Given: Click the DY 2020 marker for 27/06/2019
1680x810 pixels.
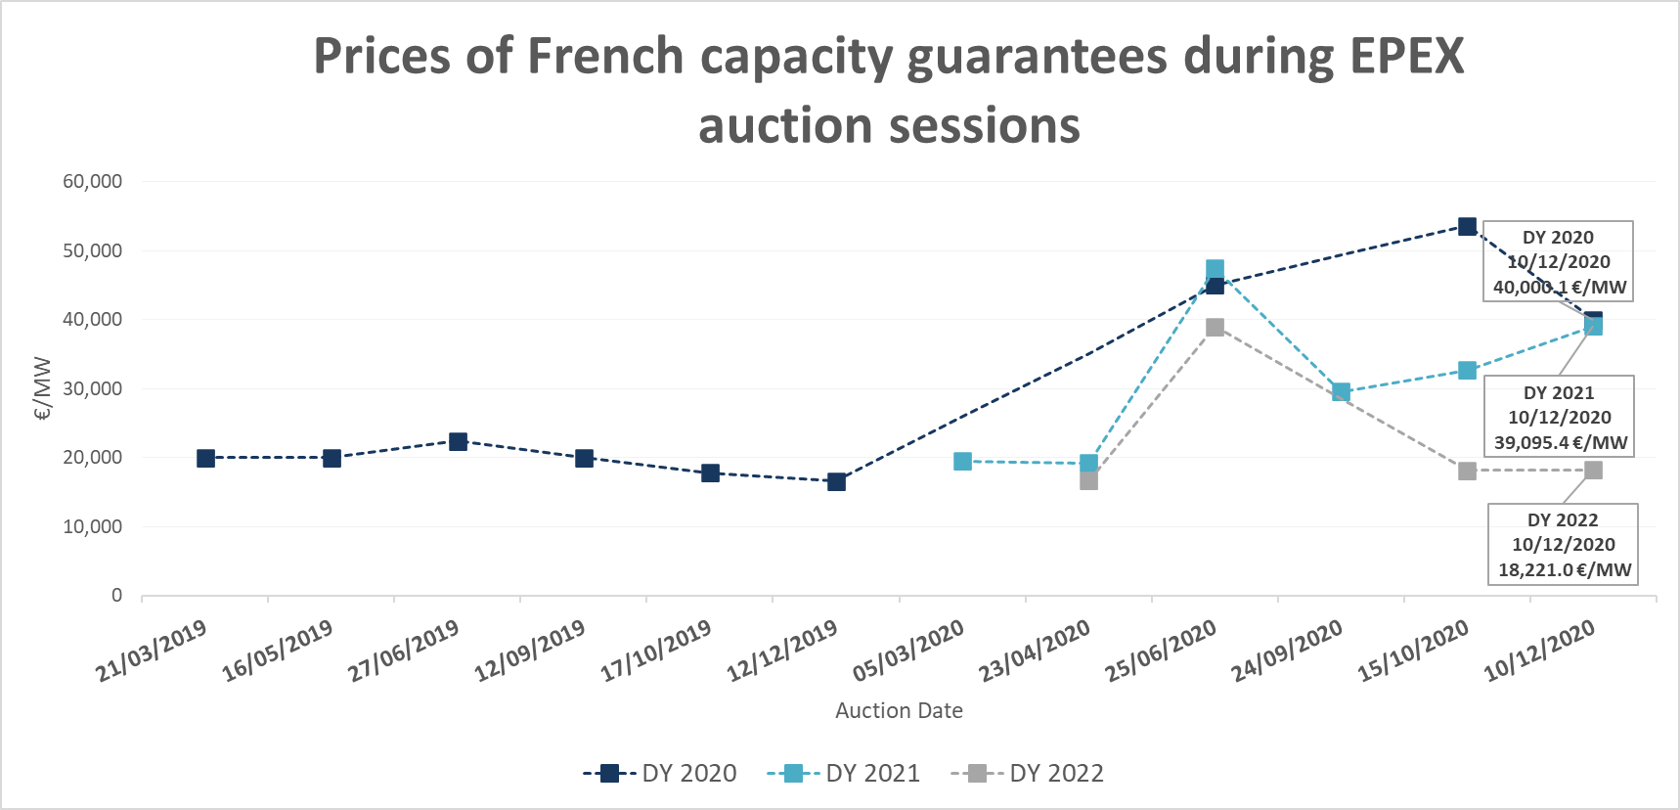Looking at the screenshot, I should (x=458, y=441).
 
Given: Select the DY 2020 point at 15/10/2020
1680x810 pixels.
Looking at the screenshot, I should (x=1467, y=227).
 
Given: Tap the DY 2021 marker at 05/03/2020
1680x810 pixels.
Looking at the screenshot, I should (x=962, y=461).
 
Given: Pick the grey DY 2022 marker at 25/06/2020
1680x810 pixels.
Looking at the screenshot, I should (x=1215, y=328).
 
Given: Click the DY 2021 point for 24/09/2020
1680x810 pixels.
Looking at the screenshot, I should (x=1342, y=391).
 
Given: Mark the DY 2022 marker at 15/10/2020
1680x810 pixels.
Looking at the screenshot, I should (x=1467, y=471).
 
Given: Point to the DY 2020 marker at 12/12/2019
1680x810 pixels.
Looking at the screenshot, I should (x=836, y=481).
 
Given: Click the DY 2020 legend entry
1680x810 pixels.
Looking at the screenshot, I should (x=660, y=774).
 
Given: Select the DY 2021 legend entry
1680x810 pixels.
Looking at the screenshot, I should (x=844, y=774).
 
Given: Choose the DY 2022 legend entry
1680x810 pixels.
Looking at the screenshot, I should (x=1028, y=774).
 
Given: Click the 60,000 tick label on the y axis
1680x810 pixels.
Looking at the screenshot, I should (x=93, y=181).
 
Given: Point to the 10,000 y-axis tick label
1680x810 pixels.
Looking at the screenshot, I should (x=93, y=526).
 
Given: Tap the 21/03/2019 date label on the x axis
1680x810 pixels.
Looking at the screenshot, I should (x=152, y=651).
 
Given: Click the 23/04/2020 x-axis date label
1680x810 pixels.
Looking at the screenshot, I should (x=1035, y=651).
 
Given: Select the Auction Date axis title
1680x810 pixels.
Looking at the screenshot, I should (x=899, y=711).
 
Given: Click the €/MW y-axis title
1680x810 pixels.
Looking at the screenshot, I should (x=42, y=388).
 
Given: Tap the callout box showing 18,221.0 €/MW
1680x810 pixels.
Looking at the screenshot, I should (x=1563, y=545).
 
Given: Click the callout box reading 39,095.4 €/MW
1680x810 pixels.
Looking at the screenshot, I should (x=1560, y=417).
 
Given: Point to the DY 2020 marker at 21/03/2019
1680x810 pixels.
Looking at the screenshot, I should (x=205, y=458).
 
